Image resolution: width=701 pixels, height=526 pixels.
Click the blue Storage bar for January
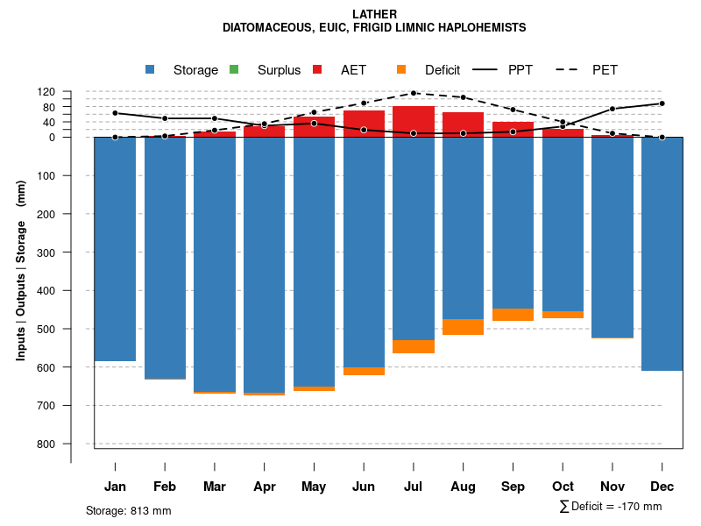(115, 249)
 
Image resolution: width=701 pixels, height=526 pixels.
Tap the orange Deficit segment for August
(464, 327)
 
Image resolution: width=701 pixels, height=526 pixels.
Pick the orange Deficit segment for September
(513, 315)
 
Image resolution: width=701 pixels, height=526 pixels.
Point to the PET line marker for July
(414, 93)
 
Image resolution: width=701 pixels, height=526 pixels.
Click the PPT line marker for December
(662, 103)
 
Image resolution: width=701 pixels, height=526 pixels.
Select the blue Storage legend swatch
(151, 70)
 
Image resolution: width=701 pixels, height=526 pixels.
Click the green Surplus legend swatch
(234, 70)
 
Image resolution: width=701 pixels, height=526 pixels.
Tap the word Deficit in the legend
(443, 70)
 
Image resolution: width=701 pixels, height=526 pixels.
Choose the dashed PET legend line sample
(570, 70)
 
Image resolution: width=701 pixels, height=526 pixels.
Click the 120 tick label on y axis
(71, 92)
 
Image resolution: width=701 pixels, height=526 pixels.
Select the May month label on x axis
(314, 487)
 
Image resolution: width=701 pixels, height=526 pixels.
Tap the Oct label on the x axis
(563, 487)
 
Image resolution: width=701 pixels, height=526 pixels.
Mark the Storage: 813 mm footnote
(129, 510)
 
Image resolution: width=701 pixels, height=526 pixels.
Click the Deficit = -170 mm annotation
(611, 507)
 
